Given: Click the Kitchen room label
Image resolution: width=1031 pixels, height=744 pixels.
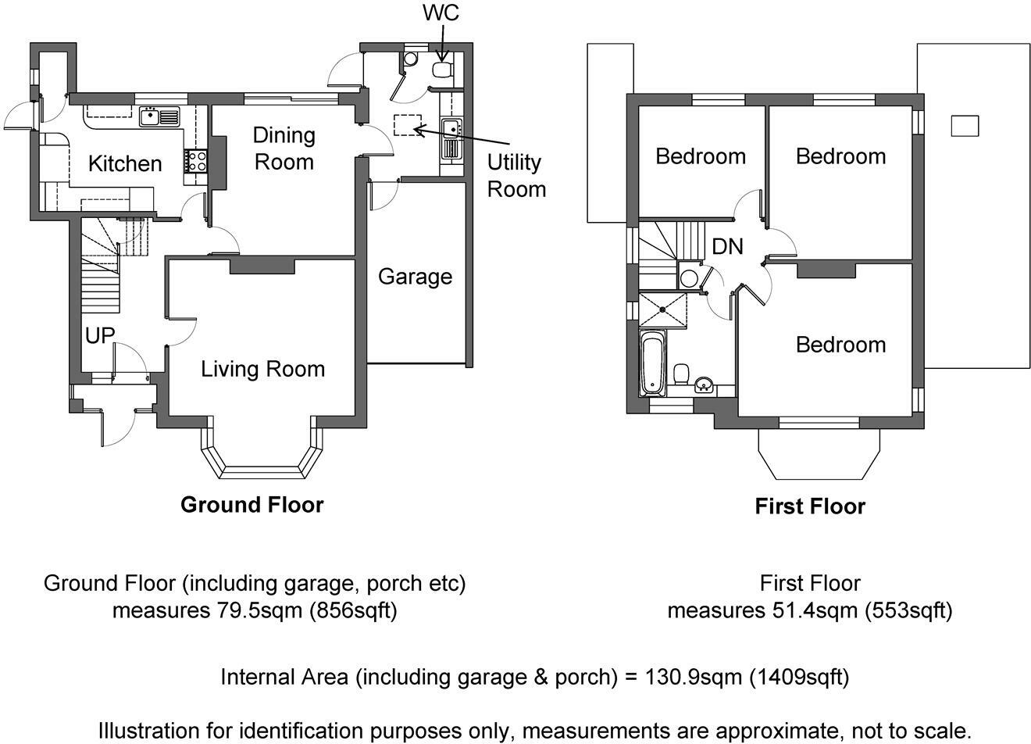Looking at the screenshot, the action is [x=125, y=164].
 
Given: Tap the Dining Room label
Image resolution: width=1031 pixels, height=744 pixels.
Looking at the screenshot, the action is [x=284, y=148].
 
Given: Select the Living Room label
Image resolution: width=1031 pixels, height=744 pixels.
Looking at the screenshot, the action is [x=262, y=369].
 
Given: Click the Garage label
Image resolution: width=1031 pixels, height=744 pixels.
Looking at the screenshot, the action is [x=416, y=277].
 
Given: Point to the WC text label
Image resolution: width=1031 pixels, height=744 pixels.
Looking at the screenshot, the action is [x=441, y=13].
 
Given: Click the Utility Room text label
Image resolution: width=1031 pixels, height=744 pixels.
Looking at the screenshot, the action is [x=516, y=176].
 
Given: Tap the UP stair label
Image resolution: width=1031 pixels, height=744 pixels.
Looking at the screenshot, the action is [x=100, y=335].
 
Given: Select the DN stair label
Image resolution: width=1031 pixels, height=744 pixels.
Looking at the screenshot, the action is [x=727, y=247].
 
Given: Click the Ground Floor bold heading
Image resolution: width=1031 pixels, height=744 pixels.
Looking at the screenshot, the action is [x=252, y=505].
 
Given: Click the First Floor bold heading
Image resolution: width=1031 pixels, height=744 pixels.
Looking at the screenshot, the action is [x=810, y=506].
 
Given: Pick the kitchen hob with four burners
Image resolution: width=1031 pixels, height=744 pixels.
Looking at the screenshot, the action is [x=196, y=161].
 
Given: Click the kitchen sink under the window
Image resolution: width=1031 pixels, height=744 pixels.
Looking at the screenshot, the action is [x=159, y=116].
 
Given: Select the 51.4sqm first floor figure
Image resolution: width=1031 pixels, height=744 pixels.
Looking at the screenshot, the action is [x=815, y=611].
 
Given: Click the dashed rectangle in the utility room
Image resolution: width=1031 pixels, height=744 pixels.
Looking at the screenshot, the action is [x=408, y=125].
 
